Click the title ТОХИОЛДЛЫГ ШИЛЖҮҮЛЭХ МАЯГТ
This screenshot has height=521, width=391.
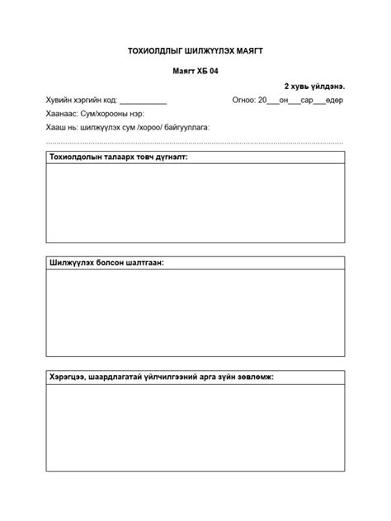point(195,51)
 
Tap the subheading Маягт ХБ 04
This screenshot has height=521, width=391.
point(195,72)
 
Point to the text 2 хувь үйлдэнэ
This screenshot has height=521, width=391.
point(314,86)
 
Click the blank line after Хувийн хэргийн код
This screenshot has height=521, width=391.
point(143,101)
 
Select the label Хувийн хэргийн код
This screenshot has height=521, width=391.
point(82,101)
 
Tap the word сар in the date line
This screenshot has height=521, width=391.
point(306,101)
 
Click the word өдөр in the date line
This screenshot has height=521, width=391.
point(334,101)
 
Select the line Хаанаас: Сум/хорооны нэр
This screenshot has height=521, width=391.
point(95,114)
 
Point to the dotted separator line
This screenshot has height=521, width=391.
point(195,142)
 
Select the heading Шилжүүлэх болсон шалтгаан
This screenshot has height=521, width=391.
point(106,262)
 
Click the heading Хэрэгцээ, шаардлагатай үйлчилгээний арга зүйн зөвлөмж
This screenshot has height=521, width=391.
point(162,377)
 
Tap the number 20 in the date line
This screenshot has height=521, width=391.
point(262,101)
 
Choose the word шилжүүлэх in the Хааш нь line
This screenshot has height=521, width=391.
point(100,128)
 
